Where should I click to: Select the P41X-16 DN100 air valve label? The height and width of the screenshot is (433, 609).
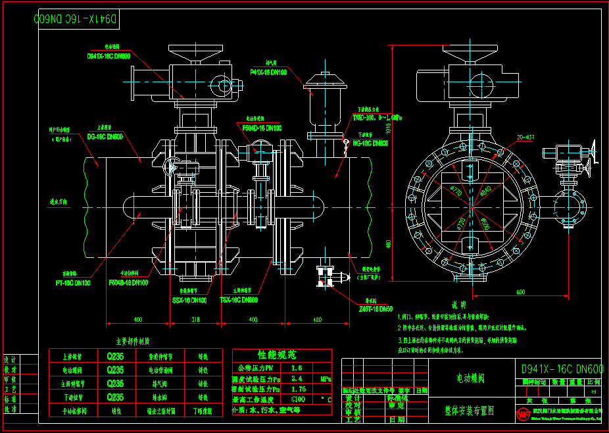click(268, 72)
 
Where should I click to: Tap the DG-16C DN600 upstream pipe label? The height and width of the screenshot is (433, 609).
click(105, 137)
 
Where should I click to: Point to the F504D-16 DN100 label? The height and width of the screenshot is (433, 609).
click(262, 128)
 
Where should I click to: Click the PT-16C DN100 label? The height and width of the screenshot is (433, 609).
click(72, 282)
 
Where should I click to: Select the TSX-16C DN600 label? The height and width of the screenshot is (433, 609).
click(239, 299)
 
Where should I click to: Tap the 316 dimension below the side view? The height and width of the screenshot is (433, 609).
click(195, 319)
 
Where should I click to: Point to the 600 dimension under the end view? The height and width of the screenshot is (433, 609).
click(521, 290)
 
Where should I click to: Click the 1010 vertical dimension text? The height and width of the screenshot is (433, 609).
click(389, 126)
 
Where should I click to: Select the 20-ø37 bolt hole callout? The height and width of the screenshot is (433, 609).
click(525, 137)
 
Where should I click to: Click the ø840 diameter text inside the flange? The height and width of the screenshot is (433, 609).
click(486, 191)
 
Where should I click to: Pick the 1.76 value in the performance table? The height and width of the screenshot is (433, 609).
click(298, 389)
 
